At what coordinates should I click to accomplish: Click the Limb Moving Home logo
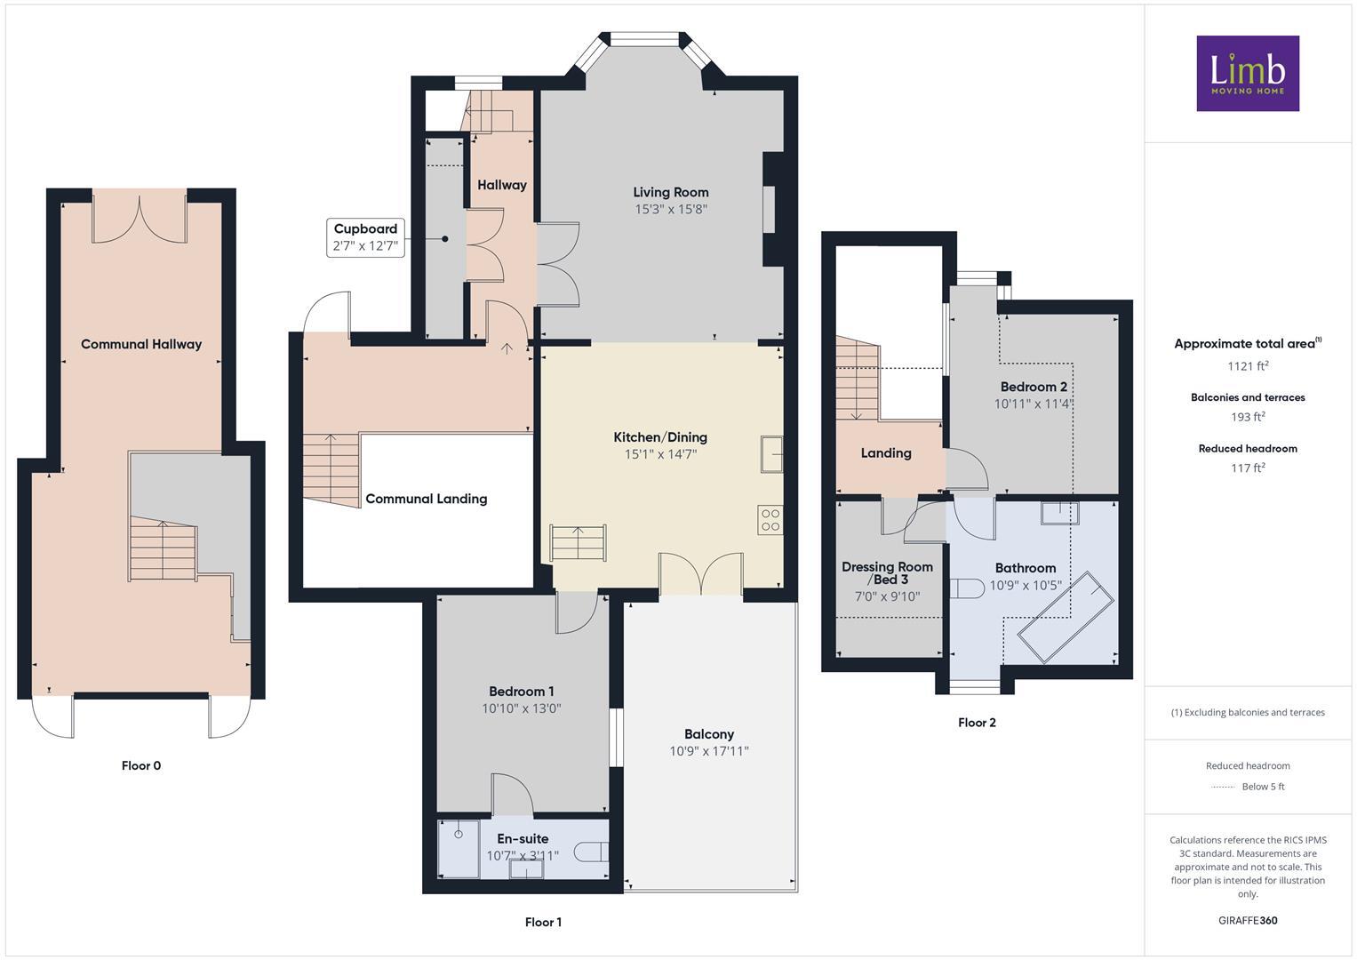point(1247,73)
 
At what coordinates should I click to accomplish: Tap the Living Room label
point(670,192)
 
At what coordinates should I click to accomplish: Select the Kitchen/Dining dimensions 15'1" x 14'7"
point(660,454)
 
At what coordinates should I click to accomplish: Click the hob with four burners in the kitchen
point(770,520)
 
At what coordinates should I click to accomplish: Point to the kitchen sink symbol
point(771,453)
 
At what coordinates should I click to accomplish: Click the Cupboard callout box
point(365,237)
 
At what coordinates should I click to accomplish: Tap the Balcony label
point(708,734)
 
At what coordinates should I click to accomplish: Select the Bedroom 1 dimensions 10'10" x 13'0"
point(521,708)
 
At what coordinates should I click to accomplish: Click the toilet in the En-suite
point(590,852)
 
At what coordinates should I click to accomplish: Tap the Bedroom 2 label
point(1033,387)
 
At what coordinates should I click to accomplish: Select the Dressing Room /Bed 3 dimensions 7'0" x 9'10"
point(887,596)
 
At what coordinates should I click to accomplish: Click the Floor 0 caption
point(141,765)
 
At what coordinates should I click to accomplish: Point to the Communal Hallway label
point(141,344)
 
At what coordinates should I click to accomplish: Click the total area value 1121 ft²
point(1247,365)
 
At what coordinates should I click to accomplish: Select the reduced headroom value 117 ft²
point(1247,468)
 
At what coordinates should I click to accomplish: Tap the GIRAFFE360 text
point(1247,920)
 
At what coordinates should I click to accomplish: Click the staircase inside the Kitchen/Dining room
point(578,542)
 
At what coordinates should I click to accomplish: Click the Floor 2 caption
point(977,723)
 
